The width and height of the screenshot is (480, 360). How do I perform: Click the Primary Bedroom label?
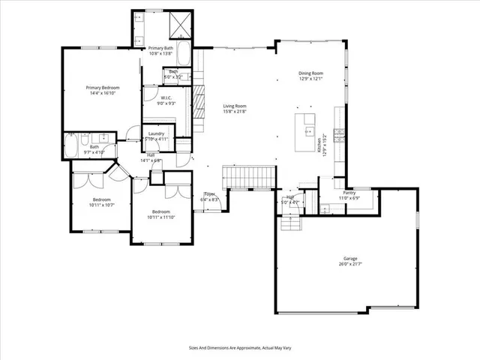[x=102, y=88]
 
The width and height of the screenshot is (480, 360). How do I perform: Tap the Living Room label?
[x=235, y=106]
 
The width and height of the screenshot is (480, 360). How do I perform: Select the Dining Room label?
[x=310, y=73]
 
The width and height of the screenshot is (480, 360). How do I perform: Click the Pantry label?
[x=349, y=193]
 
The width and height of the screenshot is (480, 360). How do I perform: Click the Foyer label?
[x=209, y=194]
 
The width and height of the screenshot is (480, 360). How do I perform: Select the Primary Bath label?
[x=160, y=48]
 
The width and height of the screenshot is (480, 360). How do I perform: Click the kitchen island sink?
[x=307, y=132]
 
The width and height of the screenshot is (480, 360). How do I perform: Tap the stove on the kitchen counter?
[x=339, y=136]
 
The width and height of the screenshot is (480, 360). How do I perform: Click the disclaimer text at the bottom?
[x=239, y=347]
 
